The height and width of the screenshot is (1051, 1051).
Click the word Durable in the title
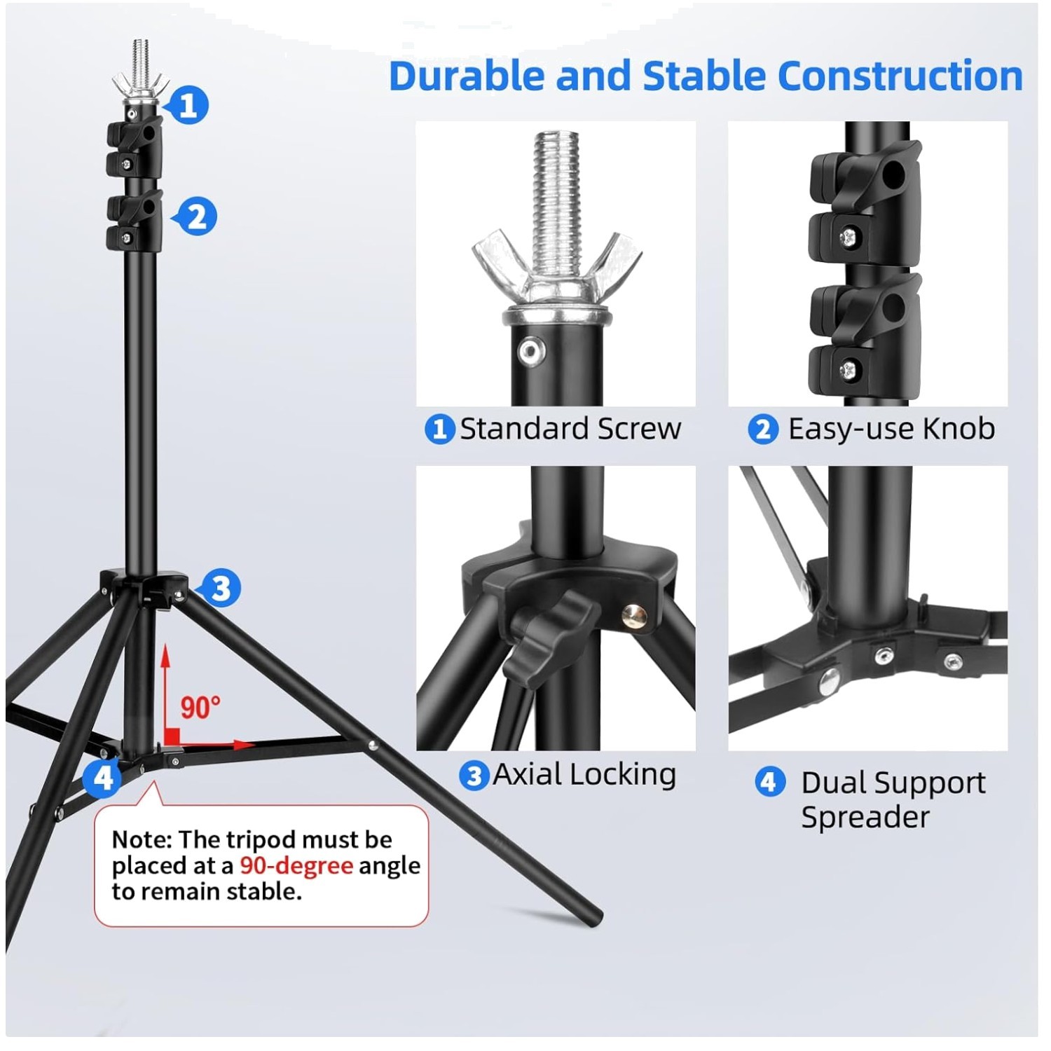pos(466,76)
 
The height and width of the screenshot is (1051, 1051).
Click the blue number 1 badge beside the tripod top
pos(188,105)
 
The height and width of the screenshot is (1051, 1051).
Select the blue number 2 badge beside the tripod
pos(196,217)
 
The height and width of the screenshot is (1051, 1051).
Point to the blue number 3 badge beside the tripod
pos(220,588)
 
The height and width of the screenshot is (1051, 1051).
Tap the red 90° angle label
pos(200,707)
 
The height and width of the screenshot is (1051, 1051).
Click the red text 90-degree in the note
pos(296,865)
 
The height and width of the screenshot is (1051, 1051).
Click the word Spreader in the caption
pos(865,817)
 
